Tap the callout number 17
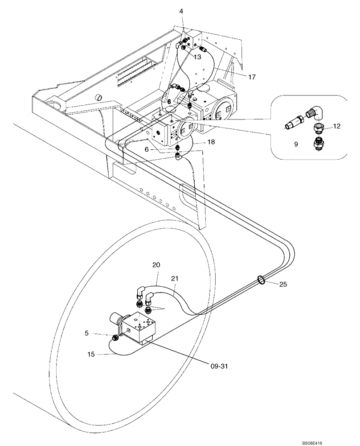pyautogui.click(x=252, y=77)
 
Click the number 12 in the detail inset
pyautogui.click(x=336, y=126)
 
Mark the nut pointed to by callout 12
pyautogui.click(x=317, y=128)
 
